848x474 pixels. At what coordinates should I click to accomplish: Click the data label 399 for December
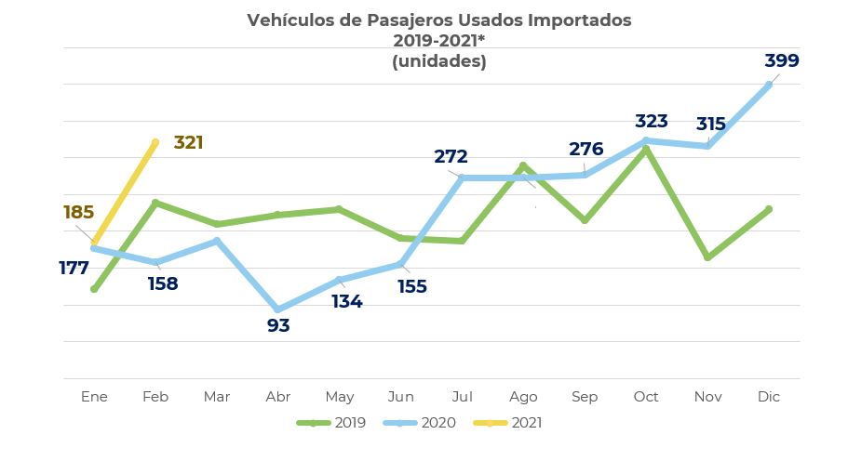781,61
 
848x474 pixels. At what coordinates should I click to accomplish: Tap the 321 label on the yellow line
188,143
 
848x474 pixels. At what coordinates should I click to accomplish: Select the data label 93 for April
278,326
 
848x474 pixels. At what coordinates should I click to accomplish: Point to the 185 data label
78,213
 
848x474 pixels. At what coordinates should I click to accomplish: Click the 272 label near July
451,157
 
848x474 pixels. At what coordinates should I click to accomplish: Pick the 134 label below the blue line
346,302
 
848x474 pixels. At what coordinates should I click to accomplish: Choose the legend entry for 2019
331,423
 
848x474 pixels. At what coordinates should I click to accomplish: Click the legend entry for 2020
421,423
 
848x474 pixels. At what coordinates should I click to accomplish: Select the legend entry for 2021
507,423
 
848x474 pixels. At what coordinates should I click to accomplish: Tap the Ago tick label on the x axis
523,397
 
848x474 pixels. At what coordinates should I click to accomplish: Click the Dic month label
769,397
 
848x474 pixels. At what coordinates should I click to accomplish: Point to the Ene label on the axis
94,397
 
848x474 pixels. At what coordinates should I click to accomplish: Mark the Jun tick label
400,397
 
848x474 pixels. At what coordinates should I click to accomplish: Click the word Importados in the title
579,20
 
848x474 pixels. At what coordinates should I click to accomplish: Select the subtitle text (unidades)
438,61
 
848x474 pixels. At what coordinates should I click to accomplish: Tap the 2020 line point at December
769,85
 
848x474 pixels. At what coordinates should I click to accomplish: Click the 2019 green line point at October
646,149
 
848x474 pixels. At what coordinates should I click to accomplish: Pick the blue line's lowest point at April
278,309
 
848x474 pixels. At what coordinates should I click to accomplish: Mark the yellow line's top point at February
155,142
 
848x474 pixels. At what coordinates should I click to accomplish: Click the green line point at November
708,257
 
